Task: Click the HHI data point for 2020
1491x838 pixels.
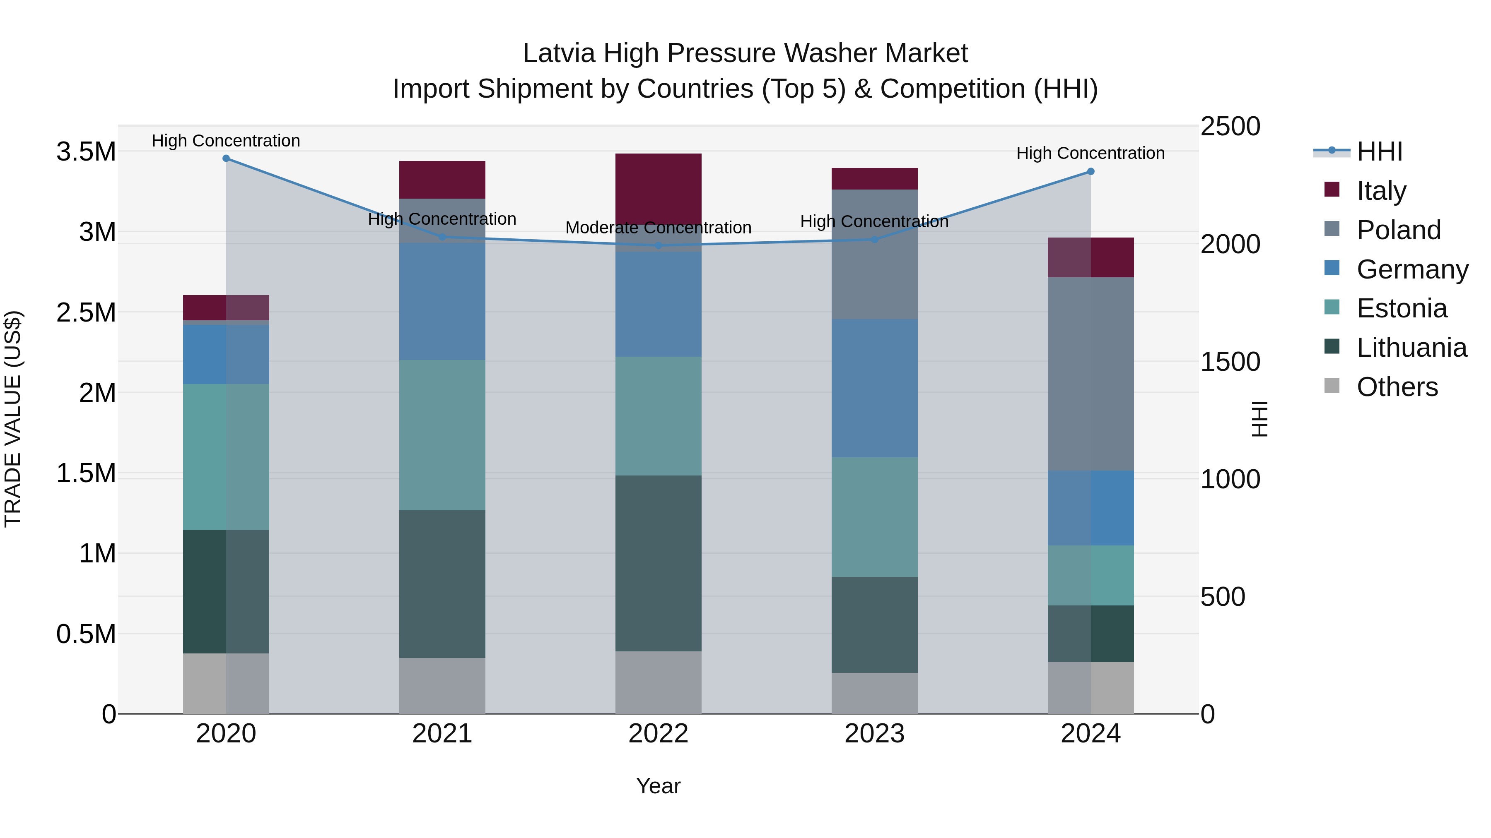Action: [226, 158]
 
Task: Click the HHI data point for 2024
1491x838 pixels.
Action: [1091, 171]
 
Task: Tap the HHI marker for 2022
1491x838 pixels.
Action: [658, 246]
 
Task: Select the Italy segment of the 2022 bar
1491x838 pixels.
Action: [658, 188]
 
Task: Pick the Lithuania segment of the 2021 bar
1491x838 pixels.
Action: [442, 583]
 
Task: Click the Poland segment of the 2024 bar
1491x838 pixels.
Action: [1091, 374]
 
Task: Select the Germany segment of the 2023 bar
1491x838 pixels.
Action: [875, 388]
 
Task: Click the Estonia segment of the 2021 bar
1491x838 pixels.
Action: [442, 435]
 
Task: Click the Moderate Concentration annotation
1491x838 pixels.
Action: [658, 228]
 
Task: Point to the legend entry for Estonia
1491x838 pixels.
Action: [1401, 308]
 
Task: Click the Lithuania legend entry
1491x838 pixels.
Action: [1411, 348]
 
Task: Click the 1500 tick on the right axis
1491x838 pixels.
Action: [1230, 362]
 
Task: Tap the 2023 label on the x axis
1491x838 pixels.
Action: [875, 733]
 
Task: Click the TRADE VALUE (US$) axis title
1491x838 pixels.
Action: [13, 419]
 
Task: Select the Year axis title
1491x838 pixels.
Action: [658, 786]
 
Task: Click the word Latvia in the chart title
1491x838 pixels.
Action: [559, 53]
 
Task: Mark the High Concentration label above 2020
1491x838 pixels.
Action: [226, 141]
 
